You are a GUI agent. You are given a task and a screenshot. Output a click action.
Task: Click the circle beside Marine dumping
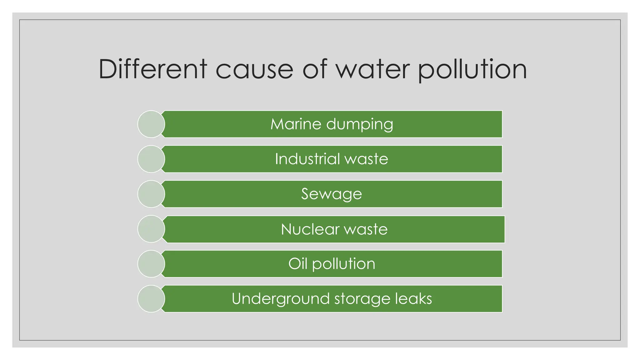[x=151, y=124]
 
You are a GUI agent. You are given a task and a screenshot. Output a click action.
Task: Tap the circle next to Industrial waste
[x=151, y=159]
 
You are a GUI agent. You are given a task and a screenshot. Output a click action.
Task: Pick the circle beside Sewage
[x=151, y=194]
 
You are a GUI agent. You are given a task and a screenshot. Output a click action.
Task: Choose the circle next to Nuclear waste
[x=151, y=229]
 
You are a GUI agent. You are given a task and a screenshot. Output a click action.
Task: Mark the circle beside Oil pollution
[x=151, y=264]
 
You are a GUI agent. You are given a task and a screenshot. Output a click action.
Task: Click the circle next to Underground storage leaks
[x=151, y=299]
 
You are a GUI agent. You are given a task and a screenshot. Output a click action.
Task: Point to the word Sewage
[x=332, y=194]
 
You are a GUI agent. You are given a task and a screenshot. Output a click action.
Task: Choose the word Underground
[x=281, y=299]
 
